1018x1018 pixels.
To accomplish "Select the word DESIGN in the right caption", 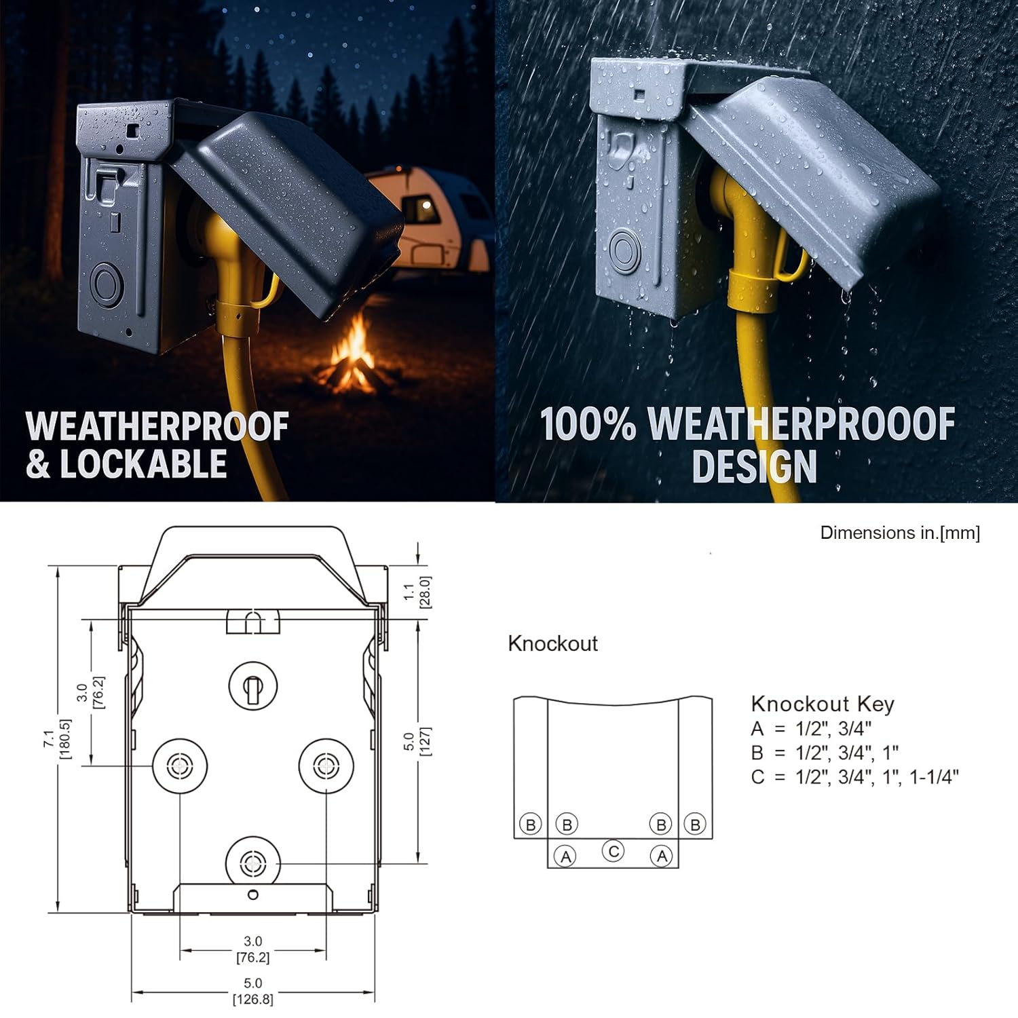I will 754,466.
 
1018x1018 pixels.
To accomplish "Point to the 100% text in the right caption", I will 588,424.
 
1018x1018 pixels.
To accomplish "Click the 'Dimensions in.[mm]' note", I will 900,533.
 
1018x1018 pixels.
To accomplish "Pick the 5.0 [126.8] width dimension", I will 252,991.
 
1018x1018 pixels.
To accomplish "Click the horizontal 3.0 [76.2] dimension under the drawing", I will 252,949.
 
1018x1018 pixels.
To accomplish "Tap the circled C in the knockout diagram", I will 614,851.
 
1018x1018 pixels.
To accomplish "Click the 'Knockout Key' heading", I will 823,704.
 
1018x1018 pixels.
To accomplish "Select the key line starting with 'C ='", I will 854,777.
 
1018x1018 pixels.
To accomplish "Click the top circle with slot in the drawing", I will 253,687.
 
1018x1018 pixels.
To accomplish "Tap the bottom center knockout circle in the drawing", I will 253,863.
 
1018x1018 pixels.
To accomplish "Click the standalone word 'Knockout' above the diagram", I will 552,643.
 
